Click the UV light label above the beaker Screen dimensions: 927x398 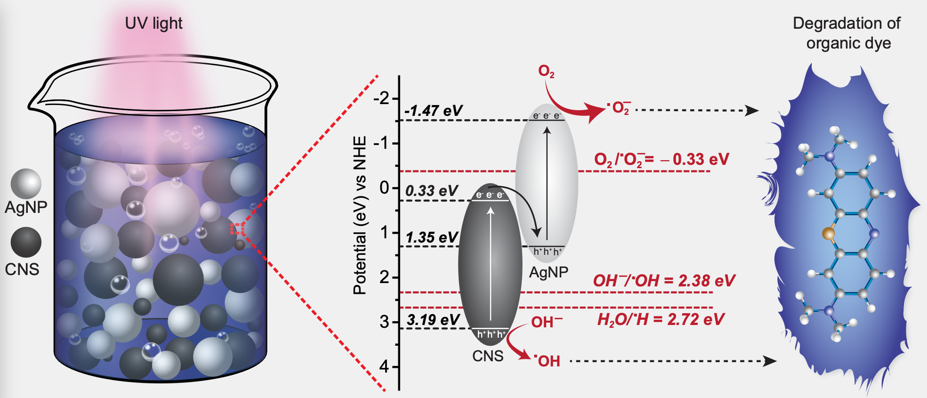point(153,24)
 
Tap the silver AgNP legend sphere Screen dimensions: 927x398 point(26,184)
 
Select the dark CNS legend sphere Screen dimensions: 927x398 point(26,243)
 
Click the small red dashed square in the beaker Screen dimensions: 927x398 point(237,228)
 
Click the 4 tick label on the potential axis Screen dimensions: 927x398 point(385,366)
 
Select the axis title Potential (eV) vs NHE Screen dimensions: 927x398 point(360,215)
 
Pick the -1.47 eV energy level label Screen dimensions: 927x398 point(434,111)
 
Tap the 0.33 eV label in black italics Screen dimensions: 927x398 point(432,191)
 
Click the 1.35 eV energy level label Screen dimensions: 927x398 point(432,237)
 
